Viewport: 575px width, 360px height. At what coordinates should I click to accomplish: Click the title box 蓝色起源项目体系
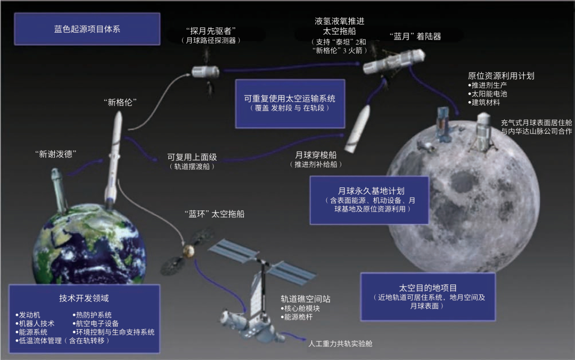tap(87, 29)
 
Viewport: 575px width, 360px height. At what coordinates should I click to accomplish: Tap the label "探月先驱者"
tap(211, 30)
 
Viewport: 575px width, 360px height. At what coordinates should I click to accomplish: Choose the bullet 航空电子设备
tap(99, 323)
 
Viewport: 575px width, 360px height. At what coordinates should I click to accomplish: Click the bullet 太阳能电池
tap(489, 94)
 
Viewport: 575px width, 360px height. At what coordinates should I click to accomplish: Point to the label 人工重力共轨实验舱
tap(340, 343)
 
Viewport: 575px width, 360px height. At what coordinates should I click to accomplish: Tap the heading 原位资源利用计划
tap(500, 76)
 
